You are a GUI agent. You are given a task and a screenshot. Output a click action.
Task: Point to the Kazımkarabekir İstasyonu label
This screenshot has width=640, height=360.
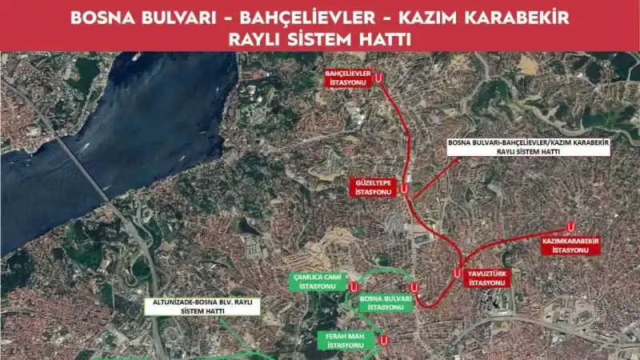[x=570, y=245]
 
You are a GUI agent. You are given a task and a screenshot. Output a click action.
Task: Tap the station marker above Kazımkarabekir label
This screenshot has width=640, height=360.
[x=570, y=226]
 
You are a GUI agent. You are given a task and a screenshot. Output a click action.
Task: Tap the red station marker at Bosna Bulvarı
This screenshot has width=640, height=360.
[x=414, y=287]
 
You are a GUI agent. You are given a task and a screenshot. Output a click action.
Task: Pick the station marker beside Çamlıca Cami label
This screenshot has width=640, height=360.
[x=353, y=286]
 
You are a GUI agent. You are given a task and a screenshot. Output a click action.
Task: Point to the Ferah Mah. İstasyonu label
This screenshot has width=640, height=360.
[x=346, y=340]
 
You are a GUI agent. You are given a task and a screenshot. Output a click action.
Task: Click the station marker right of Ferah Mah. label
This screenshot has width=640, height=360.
[x=384, y=340]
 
